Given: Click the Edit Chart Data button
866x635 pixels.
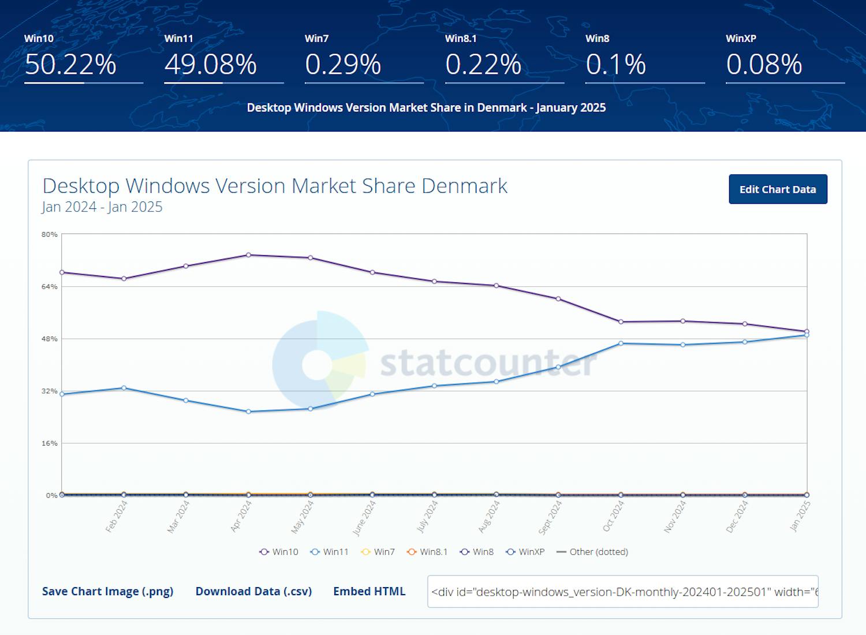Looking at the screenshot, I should coord(778,189).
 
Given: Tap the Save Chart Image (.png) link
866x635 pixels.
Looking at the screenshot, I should coord(107,591).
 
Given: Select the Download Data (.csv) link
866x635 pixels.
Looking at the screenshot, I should coord(253,591).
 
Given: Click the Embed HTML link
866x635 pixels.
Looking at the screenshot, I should coord(369,591).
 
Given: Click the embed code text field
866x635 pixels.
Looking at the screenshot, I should coord(622,592).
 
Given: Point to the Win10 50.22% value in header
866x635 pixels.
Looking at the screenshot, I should coord(70,64).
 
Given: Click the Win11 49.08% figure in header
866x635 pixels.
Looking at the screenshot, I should coord(210,64).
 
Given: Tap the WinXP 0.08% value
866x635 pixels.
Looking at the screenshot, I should coord(764,64).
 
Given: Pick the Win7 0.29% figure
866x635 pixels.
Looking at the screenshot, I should coord(343,64).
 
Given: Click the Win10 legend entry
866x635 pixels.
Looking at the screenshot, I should coord(279,552).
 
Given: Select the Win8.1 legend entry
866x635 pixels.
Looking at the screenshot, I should coord(427,552).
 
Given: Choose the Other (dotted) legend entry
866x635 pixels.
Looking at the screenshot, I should coord(592,552).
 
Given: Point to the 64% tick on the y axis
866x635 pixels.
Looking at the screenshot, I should coord(50,287).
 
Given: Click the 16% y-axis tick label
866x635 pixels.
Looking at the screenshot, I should coord(50,443).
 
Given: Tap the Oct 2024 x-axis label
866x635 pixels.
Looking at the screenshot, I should coord(614,516).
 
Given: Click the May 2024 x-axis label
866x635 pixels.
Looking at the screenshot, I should coord(303,517).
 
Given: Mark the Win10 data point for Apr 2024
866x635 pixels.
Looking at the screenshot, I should coord(248,255).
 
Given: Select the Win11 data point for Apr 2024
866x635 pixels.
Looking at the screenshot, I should coord(248,412).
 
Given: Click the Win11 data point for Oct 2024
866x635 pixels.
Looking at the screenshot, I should coord(621,343).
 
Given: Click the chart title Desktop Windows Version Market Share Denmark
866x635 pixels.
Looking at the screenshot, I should coord(275,186).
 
